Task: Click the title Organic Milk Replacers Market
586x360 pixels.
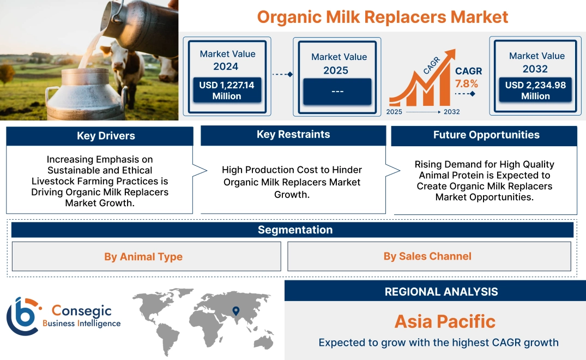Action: click(x=382, y=16)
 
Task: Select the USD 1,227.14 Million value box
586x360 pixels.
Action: click(x=226, y=91)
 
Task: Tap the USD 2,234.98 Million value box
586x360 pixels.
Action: click(x=535, y=91)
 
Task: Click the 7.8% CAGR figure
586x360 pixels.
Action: click(x=467, y=83)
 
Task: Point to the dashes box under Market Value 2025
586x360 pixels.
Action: click(x=337, y=91)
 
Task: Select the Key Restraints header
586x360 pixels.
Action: click(x=293, y=135)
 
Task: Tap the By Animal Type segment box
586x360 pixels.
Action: click(x=143, y=257)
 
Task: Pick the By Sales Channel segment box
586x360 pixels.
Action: click(x=427, y=256)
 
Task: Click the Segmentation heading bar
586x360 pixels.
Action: click(x=295, y=230)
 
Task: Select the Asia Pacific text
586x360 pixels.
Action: click(x=445, y=321)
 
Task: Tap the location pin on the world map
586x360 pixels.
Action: click(x=235, y=311)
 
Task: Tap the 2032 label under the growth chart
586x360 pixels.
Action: click(x=451, y=112)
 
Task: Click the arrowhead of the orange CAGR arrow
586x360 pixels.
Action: click(x=451, y=54)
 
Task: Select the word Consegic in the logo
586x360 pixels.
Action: click(x=82, y=311)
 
